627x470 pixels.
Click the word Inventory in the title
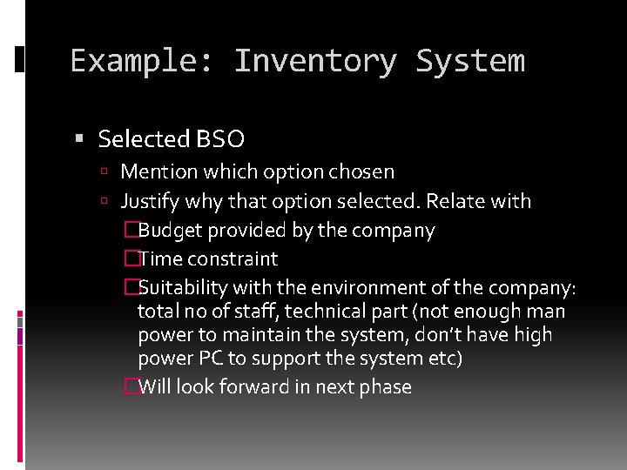pyautogui.click(x=314, y=62)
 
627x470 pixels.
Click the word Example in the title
pyautogui.click(x=135, y=62)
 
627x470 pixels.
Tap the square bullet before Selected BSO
pyautogui.click(x=79, y=139)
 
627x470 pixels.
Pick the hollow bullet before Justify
pyautogui.click(x=104, y=202)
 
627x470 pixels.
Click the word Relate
pyautogui.click(x=460, y=201)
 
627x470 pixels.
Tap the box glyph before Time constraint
pyautogui.click(x=131, y=259)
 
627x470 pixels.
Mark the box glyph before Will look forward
pyautogui.click(x=131, y=387)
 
